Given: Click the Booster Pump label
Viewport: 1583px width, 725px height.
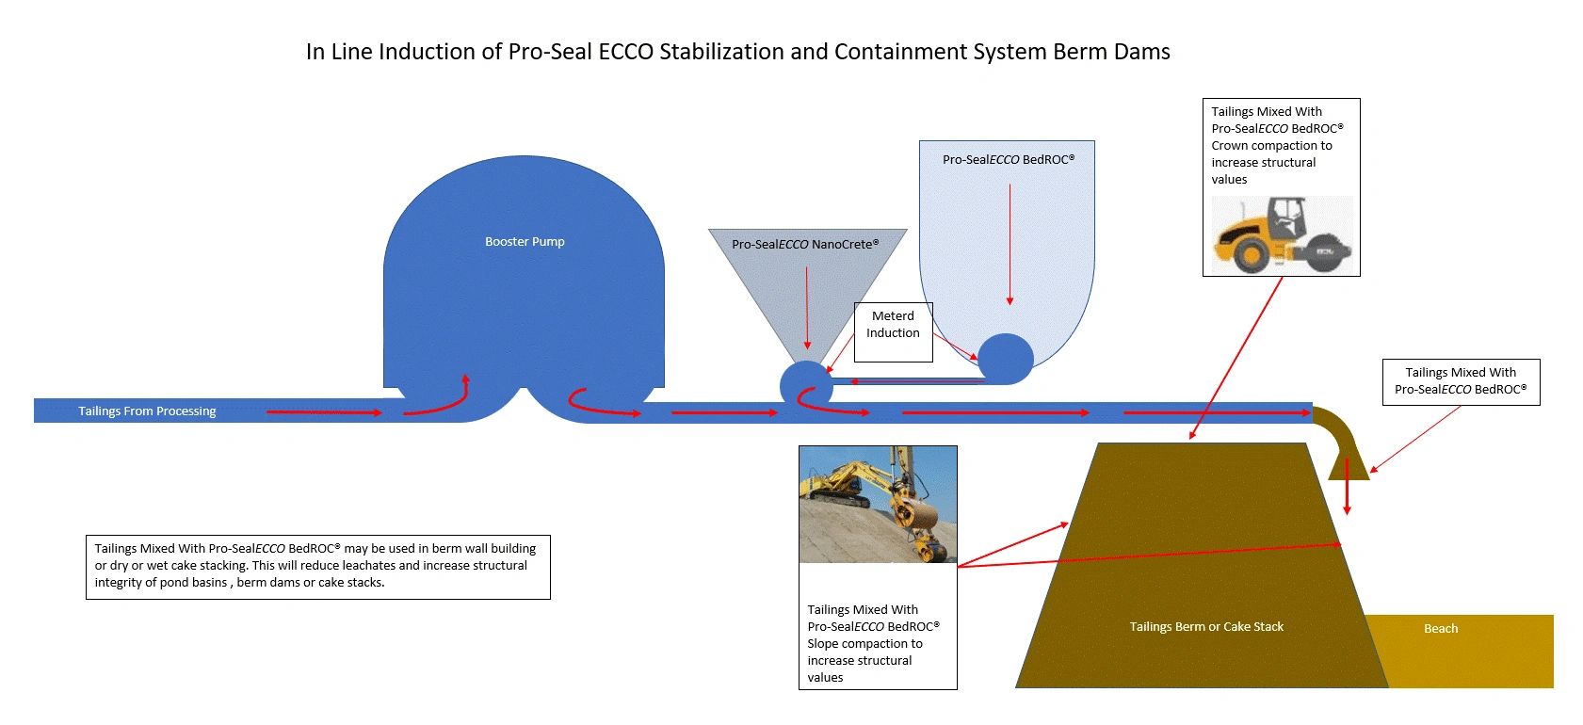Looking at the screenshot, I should click(x=525, y=242).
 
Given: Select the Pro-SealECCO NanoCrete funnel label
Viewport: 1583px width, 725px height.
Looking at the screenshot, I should click(x=805, y=245).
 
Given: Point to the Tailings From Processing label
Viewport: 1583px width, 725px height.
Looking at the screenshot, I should click(x=147, y=411).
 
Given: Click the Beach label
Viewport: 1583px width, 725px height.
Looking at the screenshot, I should click(x=1440, y=629).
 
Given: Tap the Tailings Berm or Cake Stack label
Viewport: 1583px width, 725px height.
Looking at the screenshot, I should click(x=1206, y=627).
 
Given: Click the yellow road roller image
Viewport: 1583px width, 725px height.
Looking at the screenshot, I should click(x=1281, y=235).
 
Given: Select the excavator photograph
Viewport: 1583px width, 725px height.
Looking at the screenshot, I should click(x=878, y=505).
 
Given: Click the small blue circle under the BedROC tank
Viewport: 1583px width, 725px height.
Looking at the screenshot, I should click(x=1006, y=358).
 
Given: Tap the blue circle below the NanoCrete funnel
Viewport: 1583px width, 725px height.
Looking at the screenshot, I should click(x=806, y=384).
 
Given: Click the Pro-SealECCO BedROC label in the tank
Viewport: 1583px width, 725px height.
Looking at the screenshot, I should click(x=1008, y=160).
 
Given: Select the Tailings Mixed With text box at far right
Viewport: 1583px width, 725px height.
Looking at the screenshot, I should click(x=1461, y=381).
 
